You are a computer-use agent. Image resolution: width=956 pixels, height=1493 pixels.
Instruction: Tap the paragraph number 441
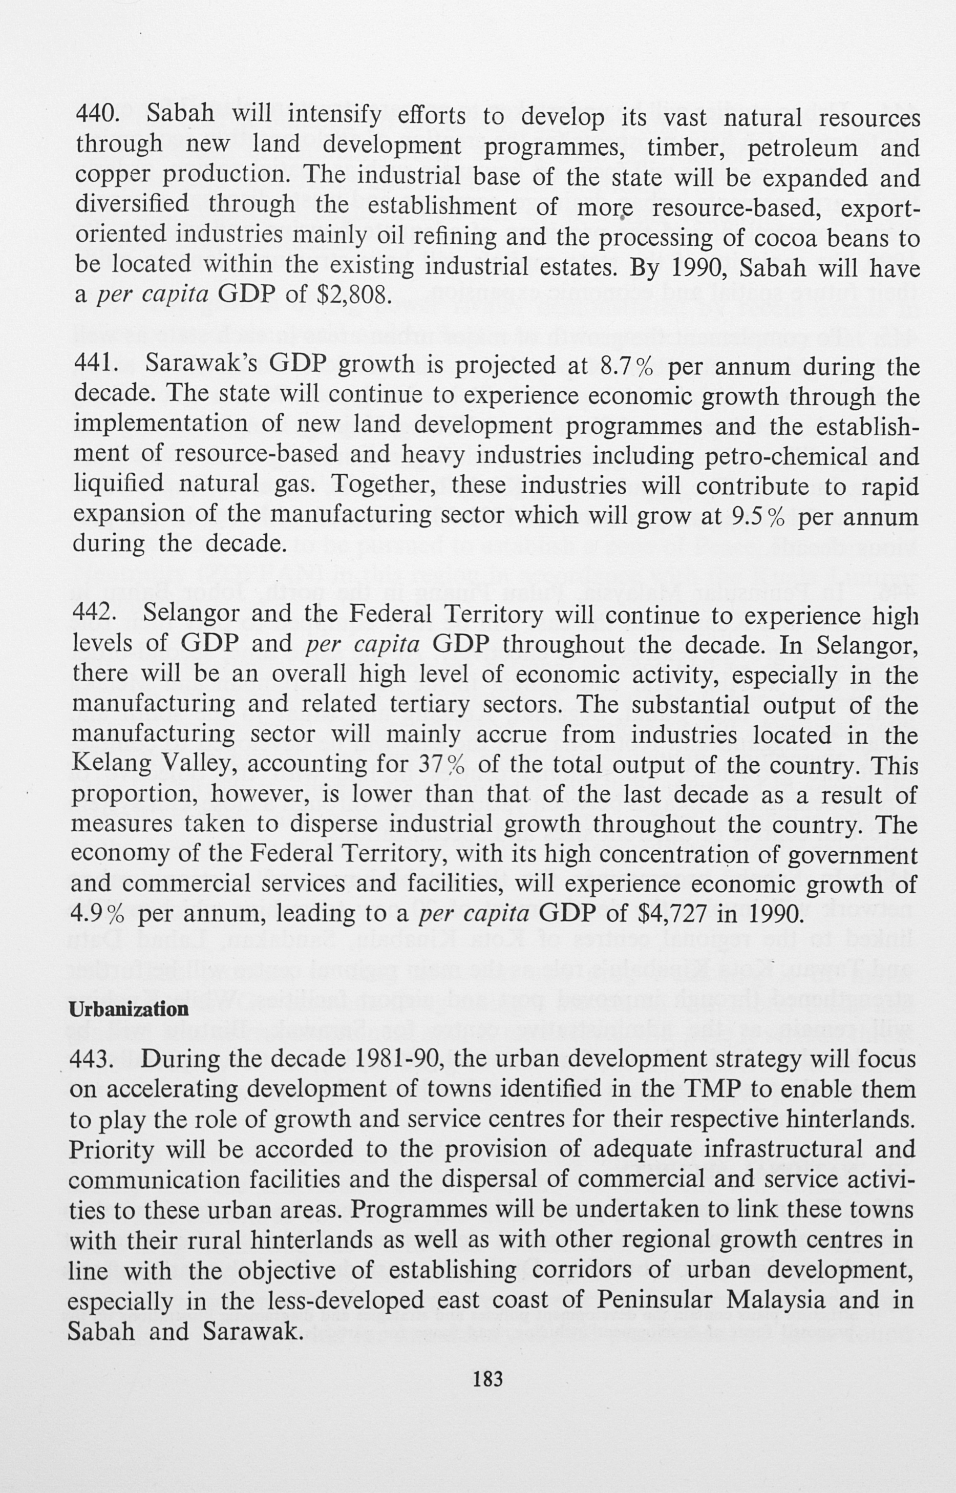pos(96,365)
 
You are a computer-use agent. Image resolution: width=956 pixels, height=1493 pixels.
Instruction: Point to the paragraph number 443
pos(92,1060)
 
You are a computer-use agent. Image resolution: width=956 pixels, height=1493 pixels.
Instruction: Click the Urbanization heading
pos(129,1009)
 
